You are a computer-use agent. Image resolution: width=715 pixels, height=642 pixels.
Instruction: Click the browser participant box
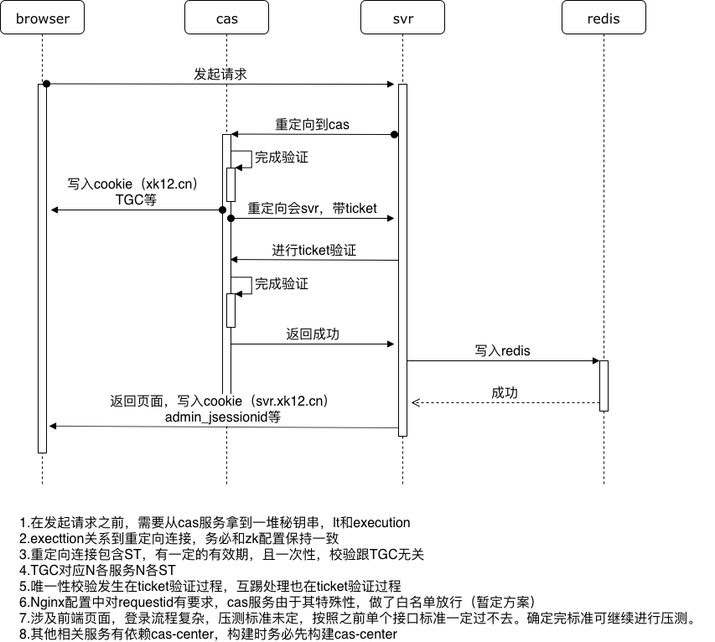point(42,18)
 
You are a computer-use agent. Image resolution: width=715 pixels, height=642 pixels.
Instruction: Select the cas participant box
point(226,18)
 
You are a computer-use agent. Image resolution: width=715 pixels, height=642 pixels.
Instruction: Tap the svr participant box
point(402,18)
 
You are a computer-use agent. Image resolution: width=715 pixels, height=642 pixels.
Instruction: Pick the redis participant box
point(604,18)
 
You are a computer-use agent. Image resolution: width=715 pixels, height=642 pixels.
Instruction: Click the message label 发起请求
point(220,74)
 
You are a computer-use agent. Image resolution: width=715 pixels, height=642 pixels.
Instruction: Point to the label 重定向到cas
point(312,125)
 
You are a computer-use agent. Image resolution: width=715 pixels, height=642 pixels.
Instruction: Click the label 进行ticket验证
point(314,250)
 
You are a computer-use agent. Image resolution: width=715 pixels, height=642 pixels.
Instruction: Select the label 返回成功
point(313,334)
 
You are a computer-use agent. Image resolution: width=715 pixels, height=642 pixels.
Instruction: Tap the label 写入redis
point(502,350)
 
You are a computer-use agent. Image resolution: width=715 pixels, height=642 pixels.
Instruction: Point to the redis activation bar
point(604,386)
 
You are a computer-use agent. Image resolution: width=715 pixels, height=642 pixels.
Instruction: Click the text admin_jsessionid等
point(222,417)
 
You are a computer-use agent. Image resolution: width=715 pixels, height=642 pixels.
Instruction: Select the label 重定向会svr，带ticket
point(312,208)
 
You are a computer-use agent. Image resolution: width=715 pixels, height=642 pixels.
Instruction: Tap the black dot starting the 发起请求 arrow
point(47,84)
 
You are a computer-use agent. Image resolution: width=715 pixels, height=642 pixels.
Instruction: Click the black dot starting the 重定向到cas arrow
point(394,134)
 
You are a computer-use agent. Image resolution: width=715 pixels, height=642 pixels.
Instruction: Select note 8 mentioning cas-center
point(207,634)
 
